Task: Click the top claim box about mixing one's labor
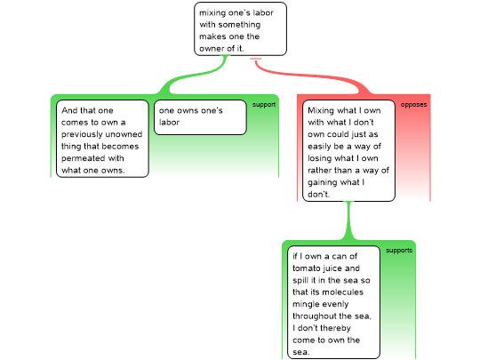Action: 240,29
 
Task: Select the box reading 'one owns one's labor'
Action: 200,117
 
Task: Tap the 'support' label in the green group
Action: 264,105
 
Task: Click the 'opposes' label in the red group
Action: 413,105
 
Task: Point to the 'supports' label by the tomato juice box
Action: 399,251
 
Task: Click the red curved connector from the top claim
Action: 309,75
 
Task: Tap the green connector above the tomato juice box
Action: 348,220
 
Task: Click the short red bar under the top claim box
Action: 256,58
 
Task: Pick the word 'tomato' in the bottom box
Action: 306,268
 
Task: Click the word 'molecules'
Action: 344,292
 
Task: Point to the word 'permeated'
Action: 82,158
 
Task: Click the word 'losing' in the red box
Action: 319,158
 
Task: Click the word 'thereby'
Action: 336,329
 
